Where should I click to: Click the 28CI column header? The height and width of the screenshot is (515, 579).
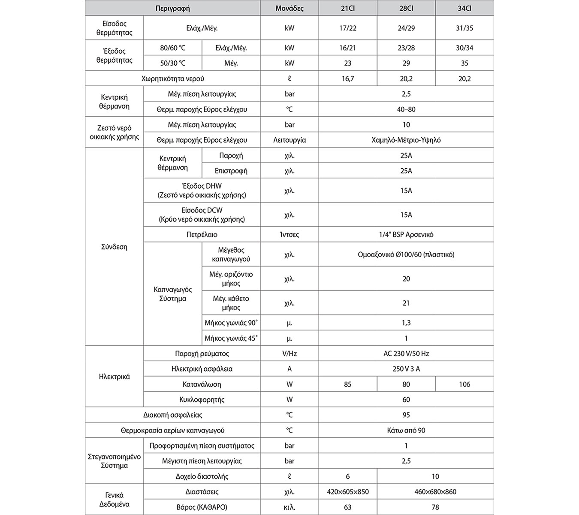[406, 9]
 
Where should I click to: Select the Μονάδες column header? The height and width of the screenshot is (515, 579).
[289, 9]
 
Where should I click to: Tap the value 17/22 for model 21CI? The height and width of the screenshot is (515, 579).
[347, 28]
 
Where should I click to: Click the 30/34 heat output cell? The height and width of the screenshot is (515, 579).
[464, 48]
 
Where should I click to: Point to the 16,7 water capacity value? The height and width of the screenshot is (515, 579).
[347, 79]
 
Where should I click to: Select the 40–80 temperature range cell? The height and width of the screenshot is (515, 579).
[406, 109]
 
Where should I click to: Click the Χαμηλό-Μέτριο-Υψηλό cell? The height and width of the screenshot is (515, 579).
[406, 140]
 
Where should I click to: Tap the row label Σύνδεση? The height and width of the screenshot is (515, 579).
[114, 247]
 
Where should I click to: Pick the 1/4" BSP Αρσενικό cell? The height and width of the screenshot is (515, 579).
[406, 235]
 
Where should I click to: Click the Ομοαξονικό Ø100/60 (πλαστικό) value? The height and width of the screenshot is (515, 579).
[406, 254]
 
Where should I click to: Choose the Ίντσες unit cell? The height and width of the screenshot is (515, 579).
[289, 235]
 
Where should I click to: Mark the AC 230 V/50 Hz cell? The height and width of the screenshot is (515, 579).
[406, 354]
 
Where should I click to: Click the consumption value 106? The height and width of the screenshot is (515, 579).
[464, 385]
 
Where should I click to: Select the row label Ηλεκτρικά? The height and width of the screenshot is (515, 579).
[114, 377]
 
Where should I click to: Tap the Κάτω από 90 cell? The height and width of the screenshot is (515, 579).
[406, 430]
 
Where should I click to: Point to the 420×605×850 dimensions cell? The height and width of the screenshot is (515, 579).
[347, 492]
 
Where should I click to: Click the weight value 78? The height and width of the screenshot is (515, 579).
[435, 507]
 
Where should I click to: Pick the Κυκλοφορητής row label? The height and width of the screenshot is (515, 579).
[202, 400]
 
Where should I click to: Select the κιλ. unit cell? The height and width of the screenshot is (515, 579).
[289, 507]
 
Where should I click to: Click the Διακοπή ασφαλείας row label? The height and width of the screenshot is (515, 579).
[172, 415]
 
